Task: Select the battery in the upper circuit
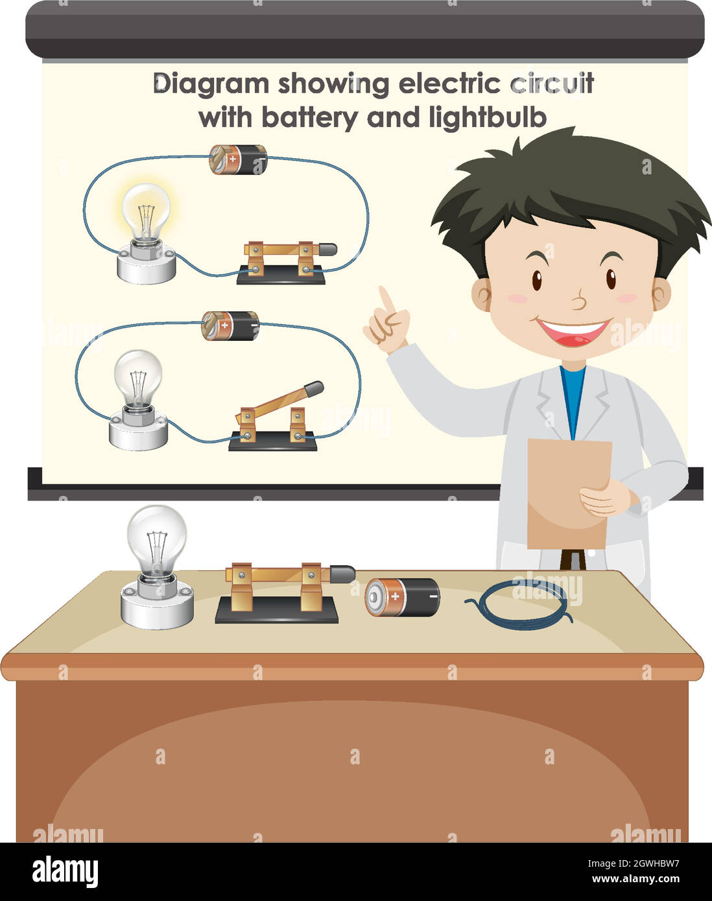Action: [x=238, y=159]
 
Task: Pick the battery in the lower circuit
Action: [x=230, y=325]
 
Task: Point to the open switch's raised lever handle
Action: [x=313, y=389]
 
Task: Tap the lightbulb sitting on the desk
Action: [x=156, y=538]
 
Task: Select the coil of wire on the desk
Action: [x=519, y=603]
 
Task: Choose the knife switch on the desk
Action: [x=279, y=591]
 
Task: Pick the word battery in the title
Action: [x=309, y=118]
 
